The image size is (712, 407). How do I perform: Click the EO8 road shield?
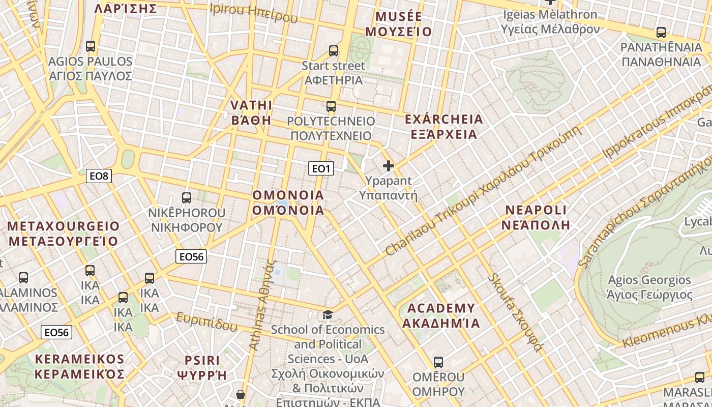click(99, 176)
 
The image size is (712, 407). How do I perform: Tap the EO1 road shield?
click(321, 168)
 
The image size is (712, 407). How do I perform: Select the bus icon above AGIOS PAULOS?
click(91, 46)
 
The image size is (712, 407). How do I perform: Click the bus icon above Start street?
click(334, 51)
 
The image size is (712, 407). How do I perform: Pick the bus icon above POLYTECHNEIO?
click(331, 106)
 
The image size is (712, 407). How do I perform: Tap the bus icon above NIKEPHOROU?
click(187, 198)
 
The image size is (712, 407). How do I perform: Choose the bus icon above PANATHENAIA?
click(661, 33)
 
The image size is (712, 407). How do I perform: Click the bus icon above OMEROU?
click(438, 362)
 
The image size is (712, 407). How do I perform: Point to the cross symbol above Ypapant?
click(389, 166)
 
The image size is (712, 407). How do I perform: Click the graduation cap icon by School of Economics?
click(328, 315)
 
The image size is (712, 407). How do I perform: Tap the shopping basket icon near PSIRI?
click(241, 394)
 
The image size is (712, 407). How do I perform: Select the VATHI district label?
click(251, 105)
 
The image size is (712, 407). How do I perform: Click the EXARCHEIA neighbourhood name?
click(443, 120)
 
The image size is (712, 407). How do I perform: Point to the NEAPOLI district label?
click(536, 210)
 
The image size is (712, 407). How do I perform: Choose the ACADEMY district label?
click(441, 308)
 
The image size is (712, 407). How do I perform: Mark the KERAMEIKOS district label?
click(80, 359)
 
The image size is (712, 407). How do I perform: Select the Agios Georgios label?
click(649, 280)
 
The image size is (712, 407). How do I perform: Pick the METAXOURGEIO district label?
click(64, 226)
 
